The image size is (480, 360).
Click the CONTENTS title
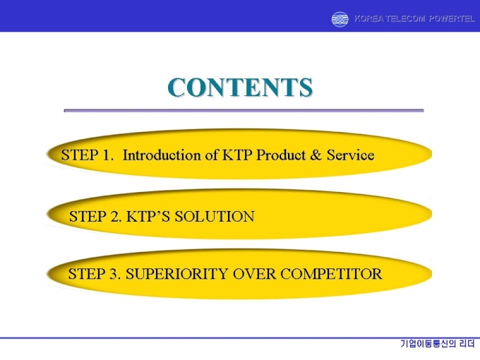point(240,88)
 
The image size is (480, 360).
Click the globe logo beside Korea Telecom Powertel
point(340,19)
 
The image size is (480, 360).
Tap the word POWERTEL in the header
point(452,19)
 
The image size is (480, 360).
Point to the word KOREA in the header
point(368,19)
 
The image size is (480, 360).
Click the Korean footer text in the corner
point(438,344)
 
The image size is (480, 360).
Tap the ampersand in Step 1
point(316,155)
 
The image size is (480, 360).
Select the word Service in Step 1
point(351,155)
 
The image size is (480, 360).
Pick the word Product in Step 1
point(281,155)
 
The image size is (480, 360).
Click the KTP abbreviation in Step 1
point(237,155)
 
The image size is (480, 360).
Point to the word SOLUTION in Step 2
point(215,217)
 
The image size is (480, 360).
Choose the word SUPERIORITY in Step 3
point(177,274)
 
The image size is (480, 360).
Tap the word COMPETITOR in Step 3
point(331,274)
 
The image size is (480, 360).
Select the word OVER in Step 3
point(254,274)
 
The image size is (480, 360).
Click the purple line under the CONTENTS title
point(244,110)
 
